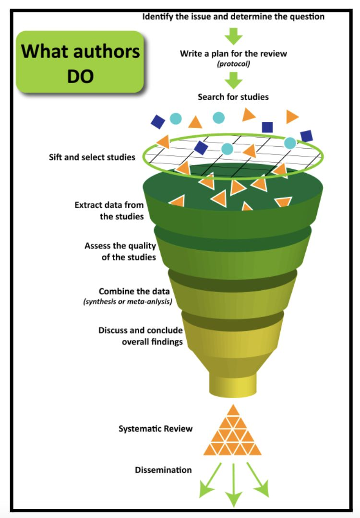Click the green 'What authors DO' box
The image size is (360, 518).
pyautogui.click(x=80, y=62)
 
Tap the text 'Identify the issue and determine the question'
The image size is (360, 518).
pyautogui.click(x=233, y=17)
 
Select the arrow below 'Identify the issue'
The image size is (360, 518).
pyautogui.click(x=234, y=36)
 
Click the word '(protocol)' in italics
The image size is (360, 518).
pyautogui.click(x=233, y=63)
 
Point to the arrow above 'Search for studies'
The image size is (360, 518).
pyautogui.click(x=234, y=80)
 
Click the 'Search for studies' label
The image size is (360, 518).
pyautogui.click(x=233, y=97)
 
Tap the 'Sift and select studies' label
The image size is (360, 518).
pyautogui.click(x=92, y=157)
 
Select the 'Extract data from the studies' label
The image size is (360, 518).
pyautogui.click(x=109, y=211)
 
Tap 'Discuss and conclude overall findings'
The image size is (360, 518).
pyautogui.click(x=140, y=336)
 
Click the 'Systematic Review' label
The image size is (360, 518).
pyautogui.click(x=156, y=428)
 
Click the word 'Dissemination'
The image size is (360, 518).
pyautogui.click(x=163, y=470)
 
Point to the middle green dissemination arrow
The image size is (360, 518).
pyautogui.click(x=234, y=484)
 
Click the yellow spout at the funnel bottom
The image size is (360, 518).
pyautogui.click(x=233, y=384)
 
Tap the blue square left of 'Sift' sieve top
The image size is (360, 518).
pyautogui.click(x=158, y=121)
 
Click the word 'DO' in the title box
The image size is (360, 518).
pyautogui.click(x=80, y=76)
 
